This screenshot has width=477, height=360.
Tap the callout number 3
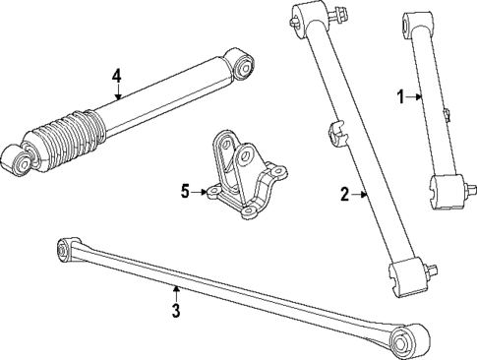tap(175, 313)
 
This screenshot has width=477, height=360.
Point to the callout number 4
tap(117, 76)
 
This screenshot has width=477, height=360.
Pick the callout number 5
tap(184, 191)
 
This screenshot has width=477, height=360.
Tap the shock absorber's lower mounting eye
tap(13, 159)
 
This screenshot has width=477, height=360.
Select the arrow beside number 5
tap(203, 192)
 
